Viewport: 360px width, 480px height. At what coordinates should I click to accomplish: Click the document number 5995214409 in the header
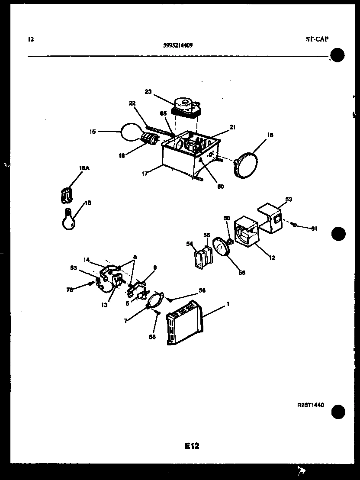coord(179,44)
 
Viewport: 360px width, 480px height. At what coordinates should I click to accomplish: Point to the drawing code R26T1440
coord(311,405)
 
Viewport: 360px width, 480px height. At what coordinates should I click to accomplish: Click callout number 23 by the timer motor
coord(148,91)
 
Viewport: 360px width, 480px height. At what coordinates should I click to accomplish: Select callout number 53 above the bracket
coord(288,199)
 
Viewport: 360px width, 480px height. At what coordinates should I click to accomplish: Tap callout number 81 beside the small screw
coord(314,228)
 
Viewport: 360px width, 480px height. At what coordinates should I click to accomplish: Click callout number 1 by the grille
coord(228,304)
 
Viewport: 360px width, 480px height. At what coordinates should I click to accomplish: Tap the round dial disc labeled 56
coord(223,250)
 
